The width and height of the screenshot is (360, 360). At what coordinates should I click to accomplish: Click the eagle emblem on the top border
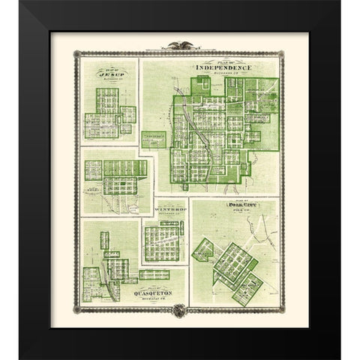179,46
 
